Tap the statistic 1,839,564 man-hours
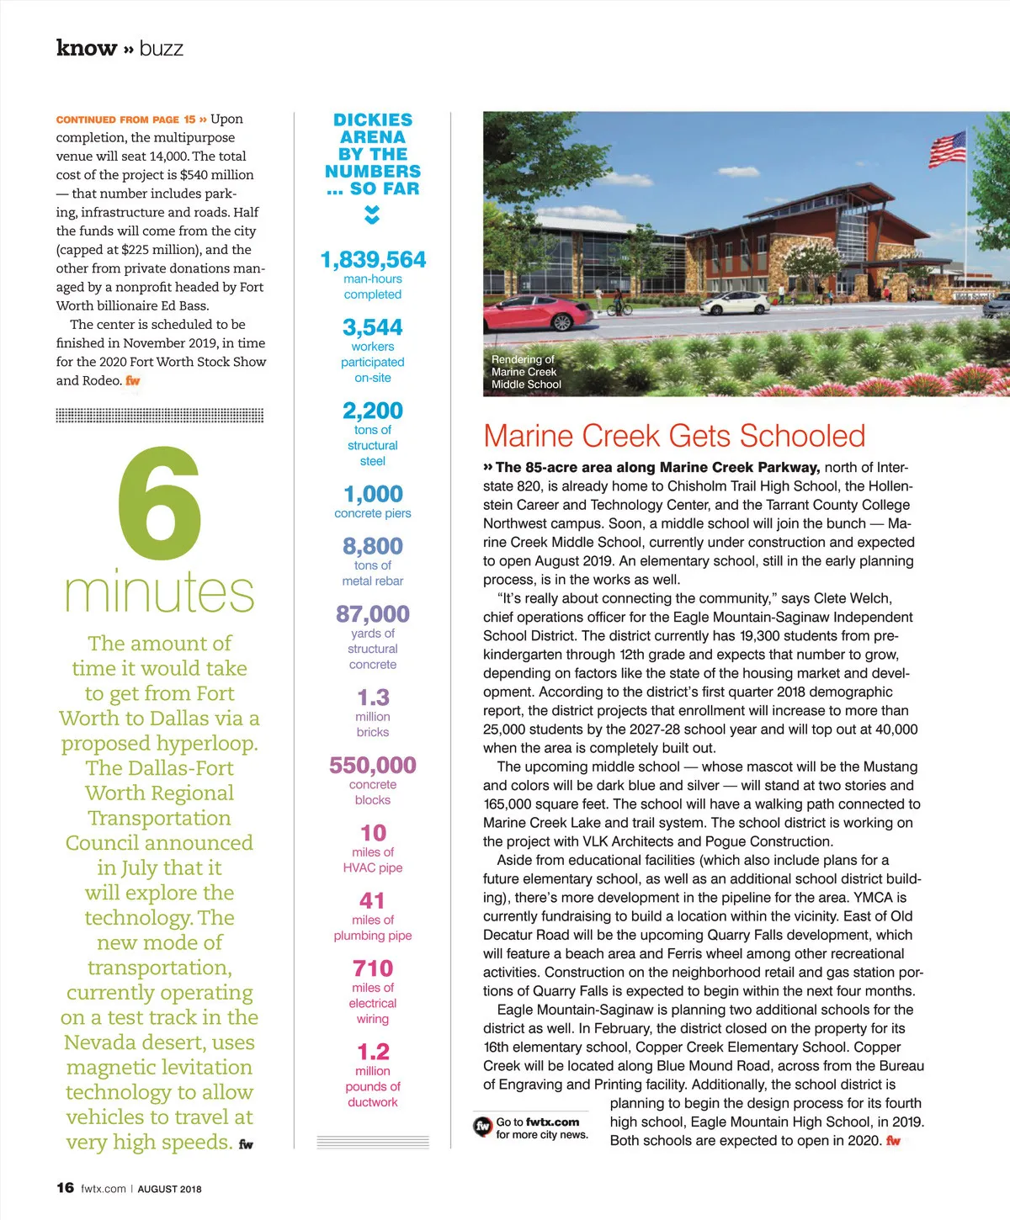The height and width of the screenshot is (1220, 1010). [x=373, y=260]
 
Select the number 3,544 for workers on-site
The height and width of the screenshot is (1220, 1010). [x=373, y=327]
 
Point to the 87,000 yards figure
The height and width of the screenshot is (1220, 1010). [x=373, y=614]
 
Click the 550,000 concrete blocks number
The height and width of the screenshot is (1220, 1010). [x=373, y=765]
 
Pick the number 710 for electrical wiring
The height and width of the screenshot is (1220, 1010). [x=373, y=968]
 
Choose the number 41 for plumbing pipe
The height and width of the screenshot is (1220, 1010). [x=373, y=900]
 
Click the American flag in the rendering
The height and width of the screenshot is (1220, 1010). [x=947, y=149]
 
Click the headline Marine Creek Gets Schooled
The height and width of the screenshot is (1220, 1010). [x=674, y=436]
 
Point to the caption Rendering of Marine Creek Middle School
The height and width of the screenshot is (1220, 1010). [x=526, y=372]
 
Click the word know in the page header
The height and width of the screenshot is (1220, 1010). [x=86, y=48]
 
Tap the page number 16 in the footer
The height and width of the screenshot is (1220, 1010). [x=65, y=1187]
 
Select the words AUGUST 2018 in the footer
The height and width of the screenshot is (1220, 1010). [x=169, y=1189]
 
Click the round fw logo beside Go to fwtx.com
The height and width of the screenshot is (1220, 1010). [x=482, y=1126]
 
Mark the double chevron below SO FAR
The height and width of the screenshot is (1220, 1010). [x=372, y=215]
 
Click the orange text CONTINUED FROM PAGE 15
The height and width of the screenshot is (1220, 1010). [x=125, y=119]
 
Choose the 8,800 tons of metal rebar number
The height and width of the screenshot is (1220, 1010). [x=373, y=546]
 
